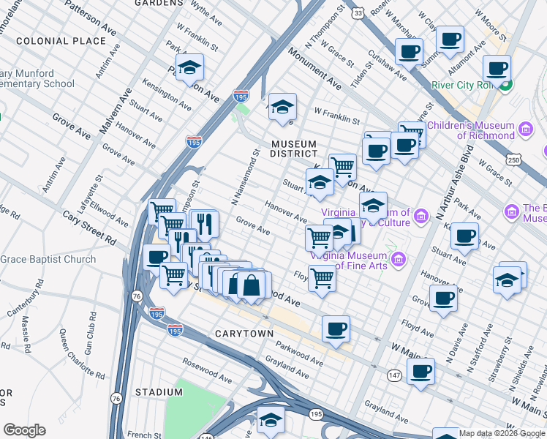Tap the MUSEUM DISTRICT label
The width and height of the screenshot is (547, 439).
tap(293, 149)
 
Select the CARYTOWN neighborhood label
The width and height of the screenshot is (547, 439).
tap(244, 334)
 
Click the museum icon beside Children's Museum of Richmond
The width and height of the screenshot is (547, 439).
tap(525, 130)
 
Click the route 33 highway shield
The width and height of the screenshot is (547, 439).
tap(357, 12)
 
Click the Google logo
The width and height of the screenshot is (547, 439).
tap(24, 429)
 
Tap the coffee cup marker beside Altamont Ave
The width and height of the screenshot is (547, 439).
tap(497, 68)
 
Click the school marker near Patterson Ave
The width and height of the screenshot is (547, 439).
tap(190, 69)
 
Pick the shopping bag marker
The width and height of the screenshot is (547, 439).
tap(251, 285)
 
